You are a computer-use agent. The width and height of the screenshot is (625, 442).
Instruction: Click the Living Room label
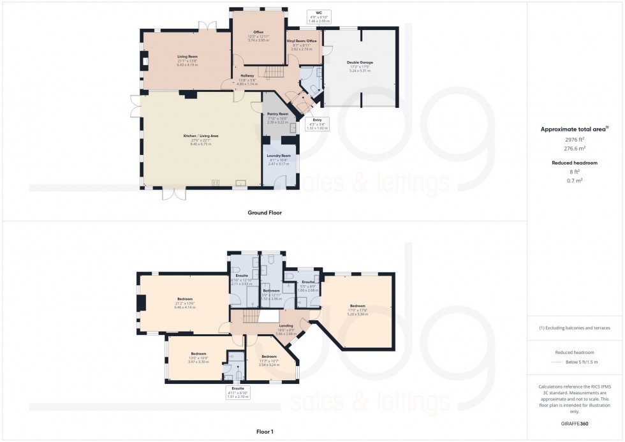point(187,57)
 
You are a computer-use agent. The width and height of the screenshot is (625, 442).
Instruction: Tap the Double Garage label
point(360,63)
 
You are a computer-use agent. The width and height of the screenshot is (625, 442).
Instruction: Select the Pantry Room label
point(278,114)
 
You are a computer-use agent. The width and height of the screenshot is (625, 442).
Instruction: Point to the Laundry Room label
point(278,156)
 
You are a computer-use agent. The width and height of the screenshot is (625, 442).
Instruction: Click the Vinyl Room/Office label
point(304,41)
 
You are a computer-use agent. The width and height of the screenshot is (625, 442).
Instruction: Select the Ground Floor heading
point(265,212)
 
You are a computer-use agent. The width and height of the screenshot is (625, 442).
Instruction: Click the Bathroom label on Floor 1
point(271,290)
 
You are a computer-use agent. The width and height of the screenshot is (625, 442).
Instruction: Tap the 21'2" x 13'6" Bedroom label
point(185,298)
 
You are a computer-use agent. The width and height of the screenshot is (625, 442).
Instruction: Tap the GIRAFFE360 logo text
point(575,424)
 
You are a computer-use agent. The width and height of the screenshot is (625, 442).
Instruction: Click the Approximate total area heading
point(574,129)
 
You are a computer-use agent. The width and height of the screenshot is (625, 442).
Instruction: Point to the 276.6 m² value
point(575,148)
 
